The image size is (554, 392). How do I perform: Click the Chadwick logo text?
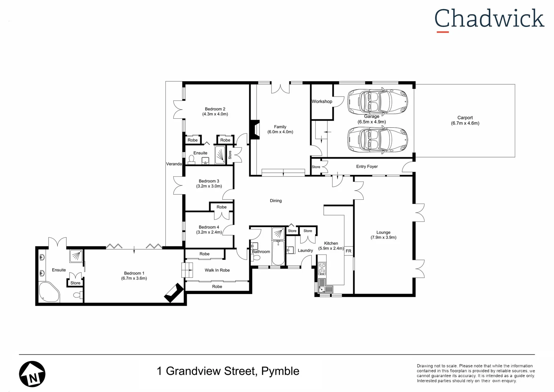[489, 19]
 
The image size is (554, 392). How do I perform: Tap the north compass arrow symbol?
[32, 374]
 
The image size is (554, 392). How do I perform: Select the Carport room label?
[465, 118]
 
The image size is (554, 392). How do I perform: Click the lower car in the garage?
[377, 139]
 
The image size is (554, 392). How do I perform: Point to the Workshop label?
[322, 102]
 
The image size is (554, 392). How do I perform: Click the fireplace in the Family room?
[255, 130]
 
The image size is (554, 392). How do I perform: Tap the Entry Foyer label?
[367, 167]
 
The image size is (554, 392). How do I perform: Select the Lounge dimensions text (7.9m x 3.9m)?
[383, 237]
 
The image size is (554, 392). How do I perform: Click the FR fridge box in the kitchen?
[348, 251]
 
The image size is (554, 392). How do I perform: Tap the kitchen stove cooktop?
[322, 269]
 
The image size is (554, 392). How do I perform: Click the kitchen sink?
[326, 289]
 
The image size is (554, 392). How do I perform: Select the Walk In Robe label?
[217, 270]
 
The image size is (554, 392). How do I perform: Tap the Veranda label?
[174, 164]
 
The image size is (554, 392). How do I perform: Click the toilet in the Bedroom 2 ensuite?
[191, 160]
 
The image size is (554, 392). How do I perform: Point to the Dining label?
[276, 201]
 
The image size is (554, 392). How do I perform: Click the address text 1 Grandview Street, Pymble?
[228, 371]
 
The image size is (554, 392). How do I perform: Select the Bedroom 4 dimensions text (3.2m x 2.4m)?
[209, 232]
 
